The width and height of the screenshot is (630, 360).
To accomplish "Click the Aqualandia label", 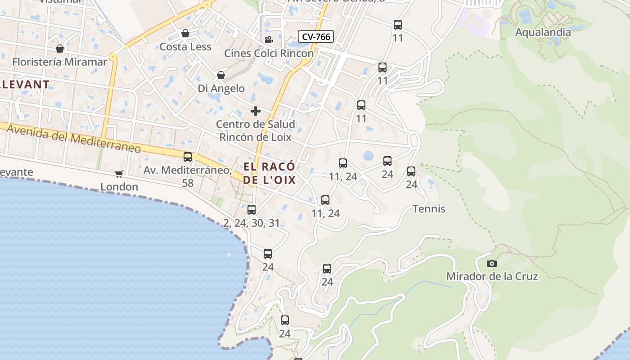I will [x=543, y=32].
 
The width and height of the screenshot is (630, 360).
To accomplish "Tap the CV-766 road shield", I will [x=315, y=36].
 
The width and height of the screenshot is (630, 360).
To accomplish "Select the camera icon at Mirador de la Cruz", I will [x=492, y=263].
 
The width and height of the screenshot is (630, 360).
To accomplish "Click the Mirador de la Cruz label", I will [x=492, y=276].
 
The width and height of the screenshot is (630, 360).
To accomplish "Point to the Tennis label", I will [x=429, y=209].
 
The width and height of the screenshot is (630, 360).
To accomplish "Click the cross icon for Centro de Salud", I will [x=256, y=111].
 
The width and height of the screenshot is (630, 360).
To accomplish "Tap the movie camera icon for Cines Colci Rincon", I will [x=269, y=40].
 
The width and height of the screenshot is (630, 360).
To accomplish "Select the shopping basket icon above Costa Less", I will [x=185, y=34].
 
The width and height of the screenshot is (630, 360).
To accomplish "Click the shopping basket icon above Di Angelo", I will [x=221, y=75].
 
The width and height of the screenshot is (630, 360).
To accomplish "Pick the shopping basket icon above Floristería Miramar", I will [x=60, y=49].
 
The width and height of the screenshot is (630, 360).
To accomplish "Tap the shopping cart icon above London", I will [x=119, y=174].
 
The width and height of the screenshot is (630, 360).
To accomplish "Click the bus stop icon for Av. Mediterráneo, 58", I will [x=188, y=157].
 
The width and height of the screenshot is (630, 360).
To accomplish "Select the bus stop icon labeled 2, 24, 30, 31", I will [x=252, y=210].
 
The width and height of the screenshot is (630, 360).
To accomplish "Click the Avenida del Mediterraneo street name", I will [x=74, y=139].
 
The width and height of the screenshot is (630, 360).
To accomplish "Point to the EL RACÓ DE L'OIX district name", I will [x=270, y=173].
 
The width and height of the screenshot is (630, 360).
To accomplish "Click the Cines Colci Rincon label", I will [x=269, y=53].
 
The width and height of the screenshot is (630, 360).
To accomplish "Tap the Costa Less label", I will [x=185, y=47].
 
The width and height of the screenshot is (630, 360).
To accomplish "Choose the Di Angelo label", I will [x=221, y=88].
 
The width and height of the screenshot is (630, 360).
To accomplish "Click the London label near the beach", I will [x=119, y=187].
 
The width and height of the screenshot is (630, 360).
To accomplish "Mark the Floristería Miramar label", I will [x=60, y=62].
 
